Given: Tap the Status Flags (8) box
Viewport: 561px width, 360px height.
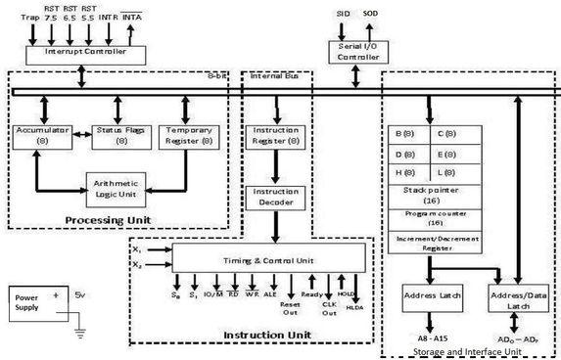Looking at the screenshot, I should click(117, 134).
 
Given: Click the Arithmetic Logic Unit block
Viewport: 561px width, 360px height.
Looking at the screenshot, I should click(115, 185).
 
